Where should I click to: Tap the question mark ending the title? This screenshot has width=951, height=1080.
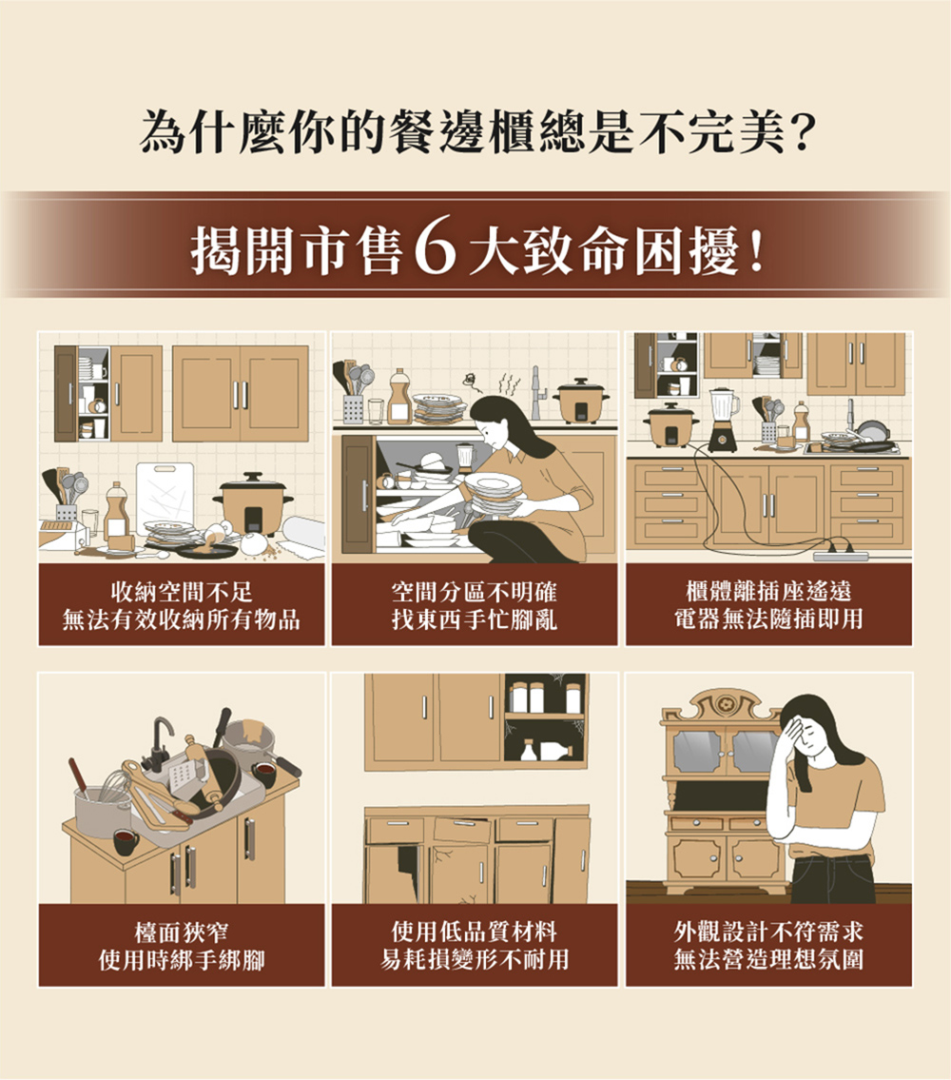coord(799,133)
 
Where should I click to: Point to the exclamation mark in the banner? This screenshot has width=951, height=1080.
coord(757,250)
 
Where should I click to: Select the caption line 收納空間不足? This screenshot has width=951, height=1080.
coord(181,592)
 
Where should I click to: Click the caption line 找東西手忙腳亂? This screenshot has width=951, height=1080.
coord(475,619)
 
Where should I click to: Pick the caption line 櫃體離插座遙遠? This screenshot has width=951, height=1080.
coord(768,592)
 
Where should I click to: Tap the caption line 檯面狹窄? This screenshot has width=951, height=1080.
coord(181,932)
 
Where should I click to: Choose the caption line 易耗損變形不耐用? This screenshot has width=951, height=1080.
coord(475,959)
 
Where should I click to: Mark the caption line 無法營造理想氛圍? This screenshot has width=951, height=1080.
coord(768,959)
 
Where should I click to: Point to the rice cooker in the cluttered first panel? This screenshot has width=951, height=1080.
coord(252,502)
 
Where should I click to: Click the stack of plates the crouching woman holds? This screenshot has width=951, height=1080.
coord(494,493)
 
